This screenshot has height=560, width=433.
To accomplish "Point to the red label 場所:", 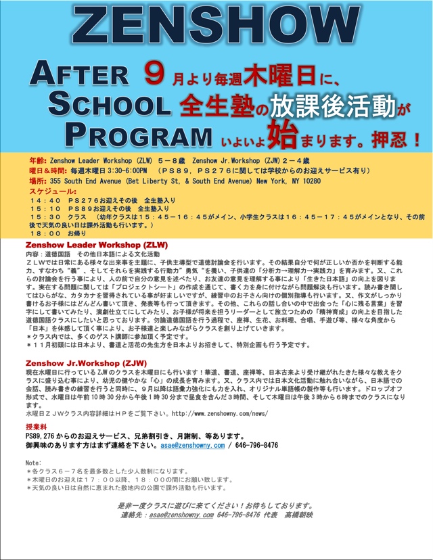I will (38, 181).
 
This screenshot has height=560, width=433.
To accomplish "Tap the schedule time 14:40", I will (45, 201).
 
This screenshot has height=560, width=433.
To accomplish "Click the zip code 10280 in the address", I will (311, 181).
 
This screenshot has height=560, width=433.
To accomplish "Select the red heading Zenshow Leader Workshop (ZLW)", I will (97, 244).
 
